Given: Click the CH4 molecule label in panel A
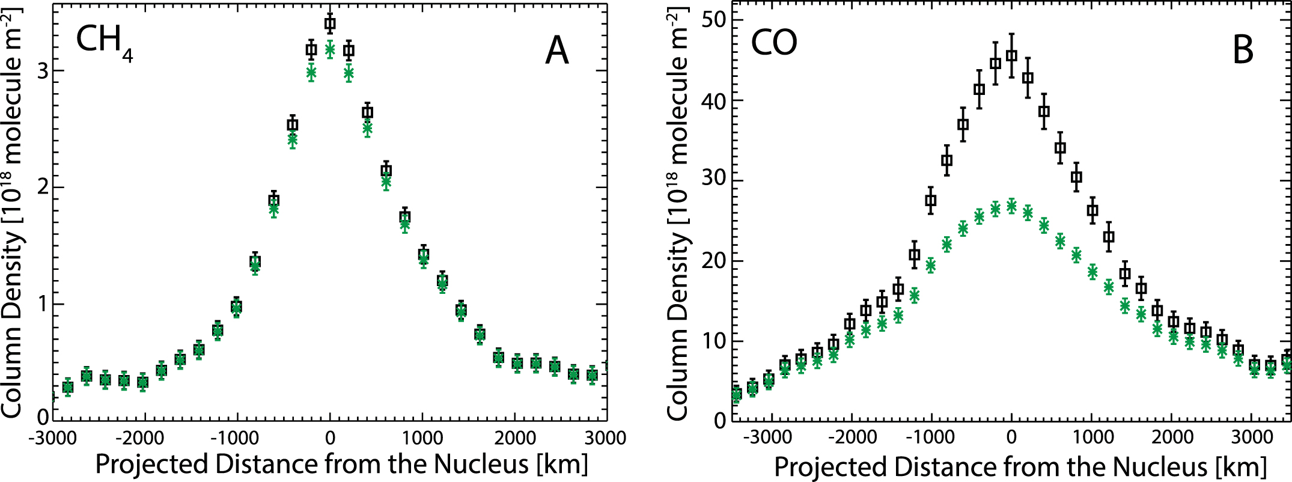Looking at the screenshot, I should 103,42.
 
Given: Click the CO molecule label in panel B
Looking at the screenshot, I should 774,43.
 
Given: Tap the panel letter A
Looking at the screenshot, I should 556,50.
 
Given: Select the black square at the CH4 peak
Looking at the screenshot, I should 330,24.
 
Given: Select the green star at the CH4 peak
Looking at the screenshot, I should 330,50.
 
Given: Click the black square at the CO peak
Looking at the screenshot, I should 1012,56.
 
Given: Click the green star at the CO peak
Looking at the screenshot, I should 1012,206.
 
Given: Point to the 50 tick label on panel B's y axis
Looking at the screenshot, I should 713,20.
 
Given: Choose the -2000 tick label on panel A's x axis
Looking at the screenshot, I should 144,438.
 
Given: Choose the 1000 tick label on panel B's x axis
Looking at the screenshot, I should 1092,437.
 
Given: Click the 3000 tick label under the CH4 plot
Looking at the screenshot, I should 606,438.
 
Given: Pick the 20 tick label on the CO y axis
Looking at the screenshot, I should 713,261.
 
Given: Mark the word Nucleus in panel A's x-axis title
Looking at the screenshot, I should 481,465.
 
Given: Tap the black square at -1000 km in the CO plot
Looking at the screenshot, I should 931,201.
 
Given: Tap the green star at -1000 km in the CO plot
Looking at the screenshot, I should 931,265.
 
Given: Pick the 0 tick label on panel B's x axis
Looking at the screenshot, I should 1012,437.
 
